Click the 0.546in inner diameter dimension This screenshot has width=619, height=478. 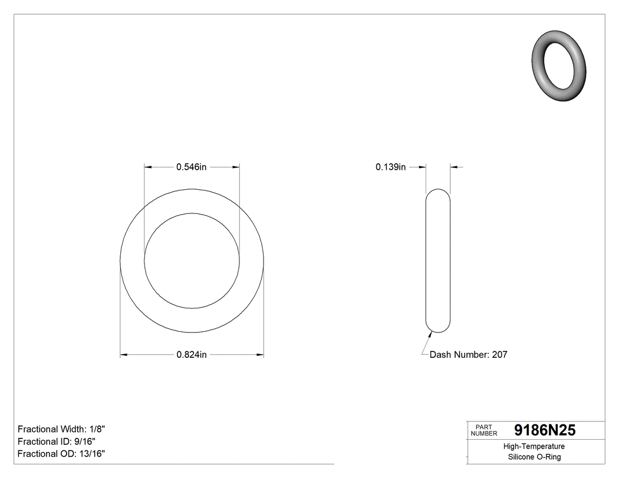(192, 167)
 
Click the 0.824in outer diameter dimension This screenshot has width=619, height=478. (192, 355)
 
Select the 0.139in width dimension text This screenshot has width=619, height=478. (390, 167)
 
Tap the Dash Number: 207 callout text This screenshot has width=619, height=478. (468, 355)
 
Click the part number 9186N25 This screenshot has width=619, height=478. (545, 430)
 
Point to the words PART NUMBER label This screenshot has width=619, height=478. (484, 430)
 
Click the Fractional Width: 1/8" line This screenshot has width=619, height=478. (61, 429)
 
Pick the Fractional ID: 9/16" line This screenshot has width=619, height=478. (57, 441)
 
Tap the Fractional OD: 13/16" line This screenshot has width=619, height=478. (61, 453)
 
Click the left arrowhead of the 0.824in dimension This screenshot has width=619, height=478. (124, 355)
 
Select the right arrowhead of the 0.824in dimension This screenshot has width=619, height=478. (259, 355)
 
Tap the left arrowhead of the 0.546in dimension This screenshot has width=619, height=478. (149, 167)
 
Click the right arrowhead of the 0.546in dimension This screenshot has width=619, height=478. (236, 167)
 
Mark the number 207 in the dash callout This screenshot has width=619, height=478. (499, 355)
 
